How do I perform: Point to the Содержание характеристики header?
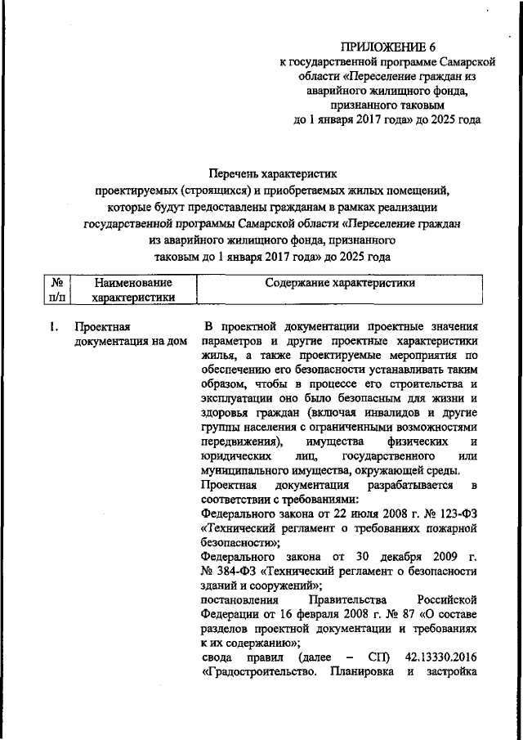pos(340,283)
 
